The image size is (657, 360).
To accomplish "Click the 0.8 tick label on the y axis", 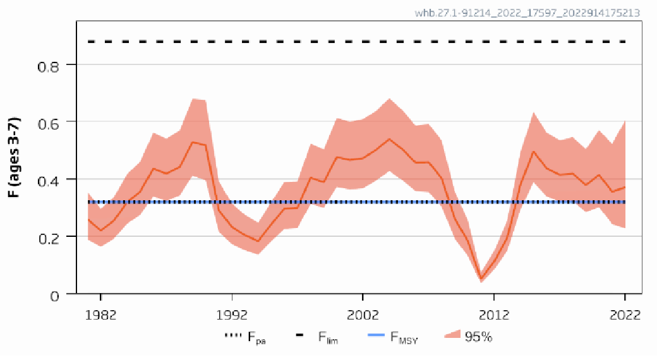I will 49,65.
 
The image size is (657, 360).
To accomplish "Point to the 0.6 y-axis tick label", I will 49,123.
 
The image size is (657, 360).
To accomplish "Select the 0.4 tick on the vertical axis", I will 49,180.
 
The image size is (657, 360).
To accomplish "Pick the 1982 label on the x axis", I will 101,314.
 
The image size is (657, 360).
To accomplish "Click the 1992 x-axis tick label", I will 232,314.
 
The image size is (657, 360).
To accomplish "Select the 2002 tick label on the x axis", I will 363,314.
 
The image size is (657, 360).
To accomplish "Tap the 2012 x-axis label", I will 494,314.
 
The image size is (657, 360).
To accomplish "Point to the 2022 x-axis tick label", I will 625,314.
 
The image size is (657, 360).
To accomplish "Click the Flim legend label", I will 327,337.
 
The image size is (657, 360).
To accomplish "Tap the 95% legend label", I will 478,337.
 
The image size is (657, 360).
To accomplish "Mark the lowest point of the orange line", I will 481,279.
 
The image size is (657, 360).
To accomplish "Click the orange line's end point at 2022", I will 625,187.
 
